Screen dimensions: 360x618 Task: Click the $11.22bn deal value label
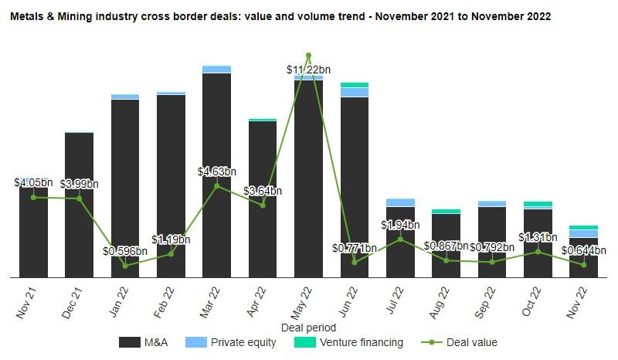point(308,70)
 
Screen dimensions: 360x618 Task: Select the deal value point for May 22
point(308,56)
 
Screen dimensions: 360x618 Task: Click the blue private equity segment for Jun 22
point(355,92)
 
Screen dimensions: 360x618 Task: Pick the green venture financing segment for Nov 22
point(583,227)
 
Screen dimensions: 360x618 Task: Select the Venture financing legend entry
point(350,342)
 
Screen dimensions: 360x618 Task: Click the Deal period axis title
point(308,327)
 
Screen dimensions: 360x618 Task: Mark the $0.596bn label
point(125,251)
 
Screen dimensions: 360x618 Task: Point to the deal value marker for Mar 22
point(216,185)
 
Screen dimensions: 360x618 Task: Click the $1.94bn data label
point(400,225)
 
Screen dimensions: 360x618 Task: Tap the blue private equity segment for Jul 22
point(400,202)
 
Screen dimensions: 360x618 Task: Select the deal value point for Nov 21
point(33,197)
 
